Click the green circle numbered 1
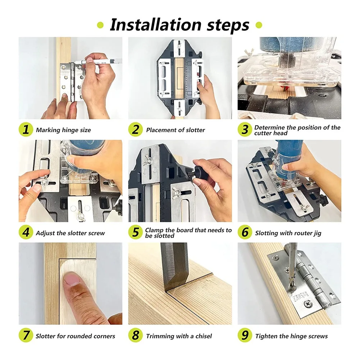[x=26, y=129]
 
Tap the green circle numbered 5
[x=136, y=232]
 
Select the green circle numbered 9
[x=245, y=335]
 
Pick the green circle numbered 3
[x=245, y=129]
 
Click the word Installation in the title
[x=155, y=24]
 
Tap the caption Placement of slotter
[x=176, y=130]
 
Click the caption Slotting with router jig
[x=288, y=233]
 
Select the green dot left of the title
[x=100, y=25]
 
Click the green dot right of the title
[x=259, y=25]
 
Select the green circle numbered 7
[x=26, y=335]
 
